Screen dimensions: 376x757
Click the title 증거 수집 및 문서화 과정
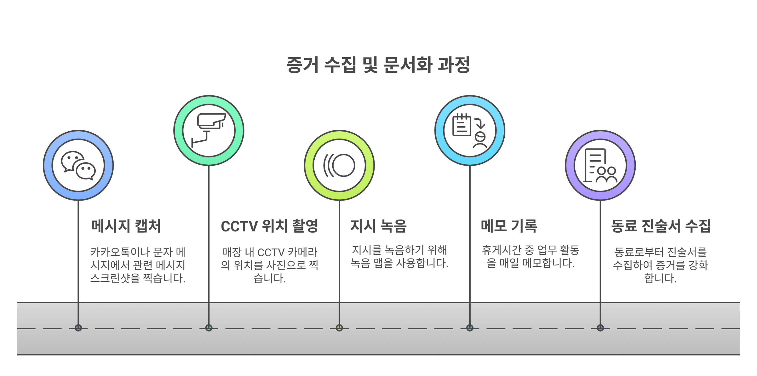click(x=378, y=65)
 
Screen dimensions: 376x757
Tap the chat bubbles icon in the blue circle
click(x=78, y=165)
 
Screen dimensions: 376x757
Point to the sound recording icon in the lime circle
click(x=339, y=165)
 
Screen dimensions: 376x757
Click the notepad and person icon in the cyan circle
click(x=470, y=131)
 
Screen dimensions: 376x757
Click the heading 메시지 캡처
click(x=126, y=226)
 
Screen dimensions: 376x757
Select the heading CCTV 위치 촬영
click(x=269, y=226)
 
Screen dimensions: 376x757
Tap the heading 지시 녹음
click(x=378, y=226)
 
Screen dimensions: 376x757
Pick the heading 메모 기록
click(x=509, y=226)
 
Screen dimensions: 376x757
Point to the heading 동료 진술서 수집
click(x=661, y=226)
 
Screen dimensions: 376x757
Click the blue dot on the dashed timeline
click(x=78, y=328)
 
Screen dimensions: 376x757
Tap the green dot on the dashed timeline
click(x=209, y=328)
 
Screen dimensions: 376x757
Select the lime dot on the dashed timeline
click(x=339, y=328)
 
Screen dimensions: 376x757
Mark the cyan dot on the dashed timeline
click(x=470, y=328)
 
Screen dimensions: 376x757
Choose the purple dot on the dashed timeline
click(x=600, y=328)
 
